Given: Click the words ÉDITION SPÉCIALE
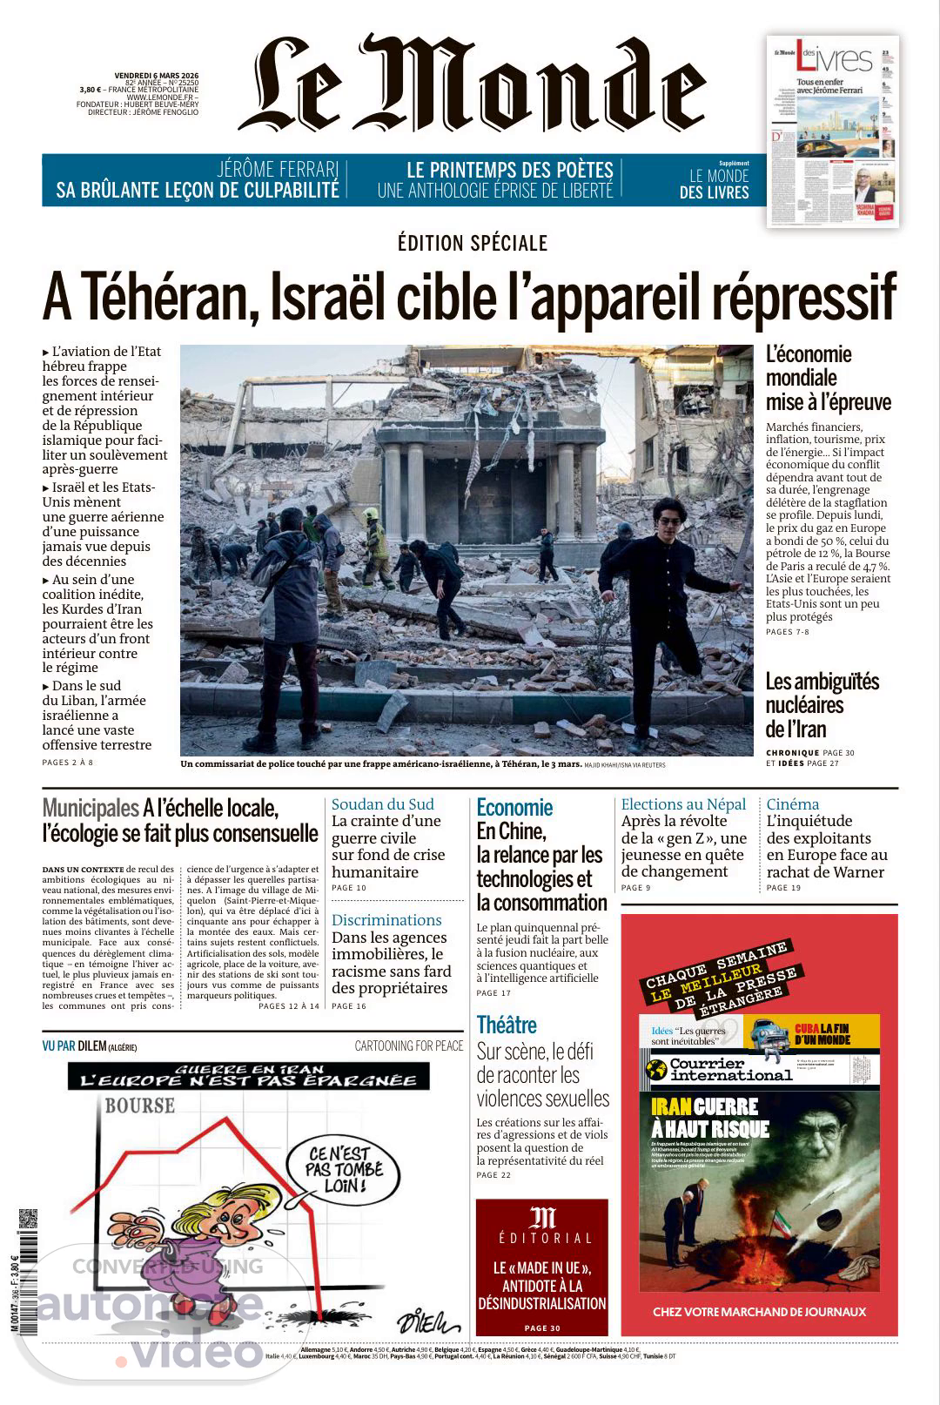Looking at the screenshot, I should point(473,243).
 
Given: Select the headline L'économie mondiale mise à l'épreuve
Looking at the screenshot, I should point(828,378).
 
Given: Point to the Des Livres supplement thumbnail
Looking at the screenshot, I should point(833,131).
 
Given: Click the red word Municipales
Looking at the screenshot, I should point(91,809).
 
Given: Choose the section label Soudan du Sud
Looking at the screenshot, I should point(382,804).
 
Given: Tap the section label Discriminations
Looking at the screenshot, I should point(386,920).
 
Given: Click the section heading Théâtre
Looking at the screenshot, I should point(507,1025).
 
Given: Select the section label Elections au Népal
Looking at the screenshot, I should point(683,804).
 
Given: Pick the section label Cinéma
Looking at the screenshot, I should point(793,804).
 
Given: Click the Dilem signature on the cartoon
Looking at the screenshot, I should point(428,1322).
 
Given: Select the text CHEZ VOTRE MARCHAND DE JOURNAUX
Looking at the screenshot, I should point(759,1311).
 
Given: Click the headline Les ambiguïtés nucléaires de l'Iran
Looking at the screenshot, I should point(822,705).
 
